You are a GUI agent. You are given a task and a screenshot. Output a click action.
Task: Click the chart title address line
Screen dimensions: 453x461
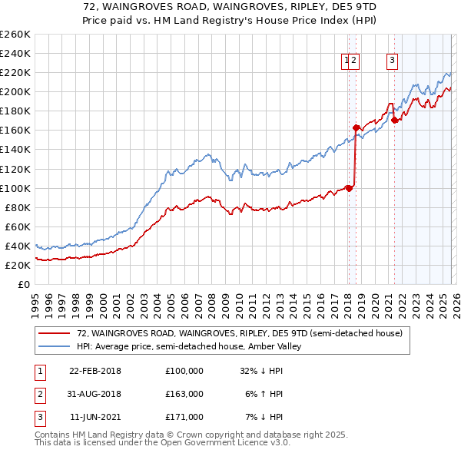tap(230, 7)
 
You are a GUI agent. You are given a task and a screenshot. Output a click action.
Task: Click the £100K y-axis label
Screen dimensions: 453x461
tap(15, 188)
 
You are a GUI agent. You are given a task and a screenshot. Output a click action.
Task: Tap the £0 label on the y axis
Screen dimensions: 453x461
tap(25, 284)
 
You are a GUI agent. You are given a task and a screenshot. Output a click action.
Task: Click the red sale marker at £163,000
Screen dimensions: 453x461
tap(356, 127)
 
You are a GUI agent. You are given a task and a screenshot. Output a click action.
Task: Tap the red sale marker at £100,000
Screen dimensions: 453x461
tap(349, 188)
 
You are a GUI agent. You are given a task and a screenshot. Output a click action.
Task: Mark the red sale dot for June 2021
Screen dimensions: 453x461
tap(394, 120)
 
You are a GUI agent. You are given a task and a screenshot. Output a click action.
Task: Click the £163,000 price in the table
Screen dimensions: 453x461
tap(184, 394)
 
